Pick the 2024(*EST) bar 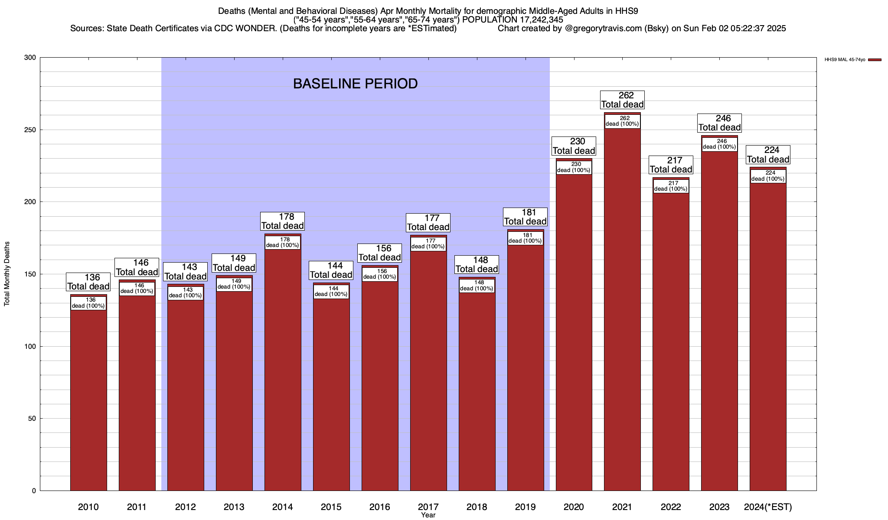(x=768, y=338)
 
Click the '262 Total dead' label (x=622, y=100)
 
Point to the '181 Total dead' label (x=525, y=217)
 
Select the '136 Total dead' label (x=88, y=282)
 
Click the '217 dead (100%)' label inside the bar (x=671, y=186)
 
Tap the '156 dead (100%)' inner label (x=379, y=274)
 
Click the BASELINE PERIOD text (x=355, y=84)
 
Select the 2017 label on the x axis (x=428, y=507)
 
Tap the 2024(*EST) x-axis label (x=768, y=507)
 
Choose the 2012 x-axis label (x=186, y=507)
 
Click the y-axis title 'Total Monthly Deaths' (x=7, y=274)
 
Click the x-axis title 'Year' (x=428, y=515)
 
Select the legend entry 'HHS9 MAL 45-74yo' (x=845, y=60)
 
